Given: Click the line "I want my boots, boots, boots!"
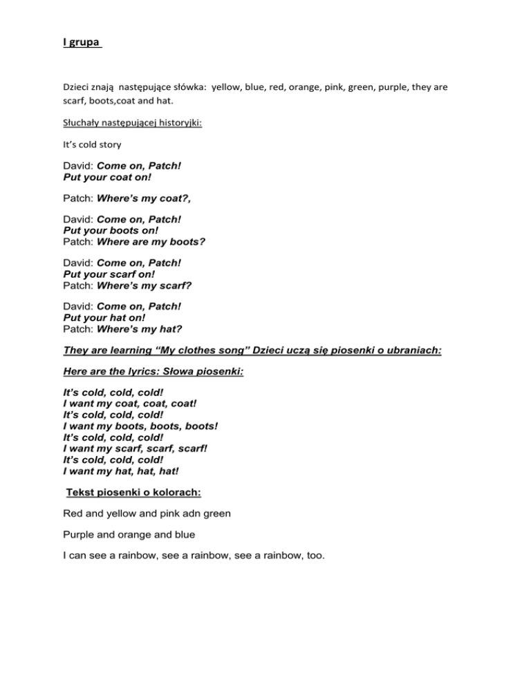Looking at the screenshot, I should tap(140, 426).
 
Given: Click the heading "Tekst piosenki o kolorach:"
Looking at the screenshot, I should tap(133, 492).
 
